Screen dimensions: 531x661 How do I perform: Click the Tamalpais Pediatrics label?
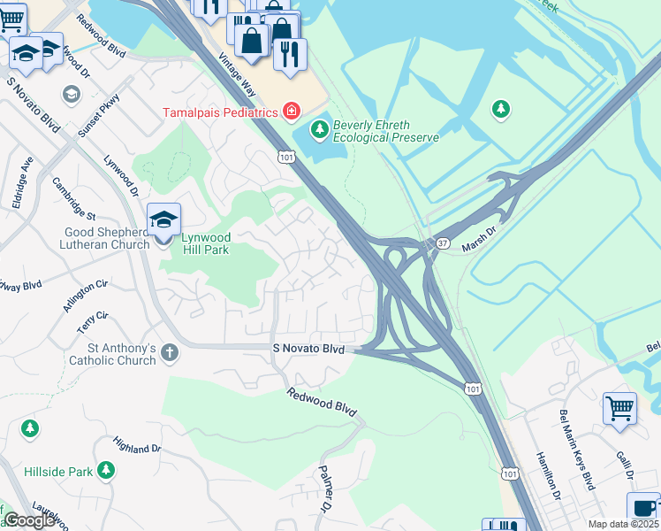[220, 112]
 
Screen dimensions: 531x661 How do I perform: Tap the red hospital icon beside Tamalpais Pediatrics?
[291, 112]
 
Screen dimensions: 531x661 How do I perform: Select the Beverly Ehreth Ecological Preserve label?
[385, 131]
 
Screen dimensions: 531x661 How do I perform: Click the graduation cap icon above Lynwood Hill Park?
[163, 219]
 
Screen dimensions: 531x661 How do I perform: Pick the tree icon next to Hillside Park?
[106, 469]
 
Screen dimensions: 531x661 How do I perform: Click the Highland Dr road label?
[138, 443]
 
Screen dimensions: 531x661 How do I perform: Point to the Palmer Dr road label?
[324, 489]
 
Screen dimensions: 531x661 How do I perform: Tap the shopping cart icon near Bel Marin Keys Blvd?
[619, 409]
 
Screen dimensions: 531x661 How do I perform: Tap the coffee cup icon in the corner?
[643, 509]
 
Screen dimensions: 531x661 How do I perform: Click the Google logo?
[29, 520]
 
